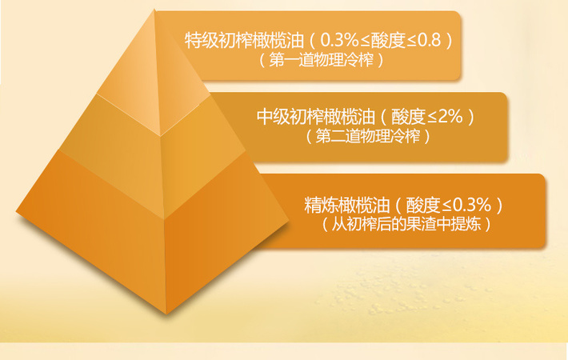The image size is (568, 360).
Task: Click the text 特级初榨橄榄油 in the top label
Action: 244,40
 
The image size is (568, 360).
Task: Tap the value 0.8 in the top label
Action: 430,40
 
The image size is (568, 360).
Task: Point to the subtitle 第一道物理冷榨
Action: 322,60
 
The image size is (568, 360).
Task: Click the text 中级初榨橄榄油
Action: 316,117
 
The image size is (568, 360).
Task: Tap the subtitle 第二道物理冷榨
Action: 368,136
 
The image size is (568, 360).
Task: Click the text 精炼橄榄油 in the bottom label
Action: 347,206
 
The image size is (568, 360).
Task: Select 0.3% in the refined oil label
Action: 472,206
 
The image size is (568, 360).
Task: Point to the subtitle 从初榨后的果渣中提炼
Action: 406,225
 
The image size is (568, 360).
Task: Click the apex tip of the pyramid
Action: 154,10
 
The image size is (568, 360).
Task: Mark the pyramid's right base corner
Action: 289,219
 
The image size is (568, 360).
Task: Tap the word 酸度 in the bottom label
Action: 422,206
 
